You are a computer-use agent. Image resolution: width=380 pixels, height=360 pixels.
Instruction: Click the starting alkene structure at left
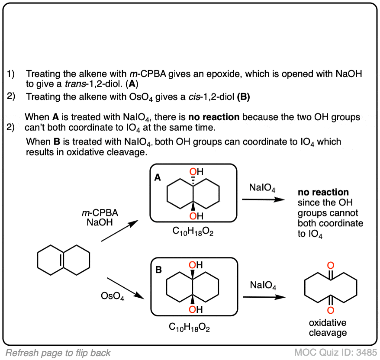(64, 260)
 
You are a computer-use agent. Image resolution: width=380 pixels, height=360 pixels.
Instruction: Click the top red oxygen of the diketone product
(331, 265)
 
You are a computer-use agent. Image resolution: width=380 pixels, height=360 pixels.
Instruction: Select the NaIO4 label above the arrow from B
(263, 285)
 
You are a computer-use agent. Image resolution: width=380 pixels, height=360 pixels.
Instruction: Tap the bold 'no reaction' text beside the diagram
(323, 192)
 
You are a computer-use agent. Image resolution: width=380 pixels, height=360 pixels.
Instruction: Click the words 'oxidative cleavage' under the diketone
(328, 328)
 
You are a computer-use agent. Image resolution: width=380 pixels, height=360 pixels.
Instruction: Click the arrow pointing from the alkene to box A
(119, 230)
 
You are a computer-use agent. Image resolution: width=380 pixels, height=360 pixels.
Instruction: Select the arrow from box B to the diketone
(264, 297)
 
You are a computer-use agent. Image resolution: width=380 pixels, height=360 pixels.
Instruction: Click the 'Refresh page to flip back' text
(58, 353)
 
